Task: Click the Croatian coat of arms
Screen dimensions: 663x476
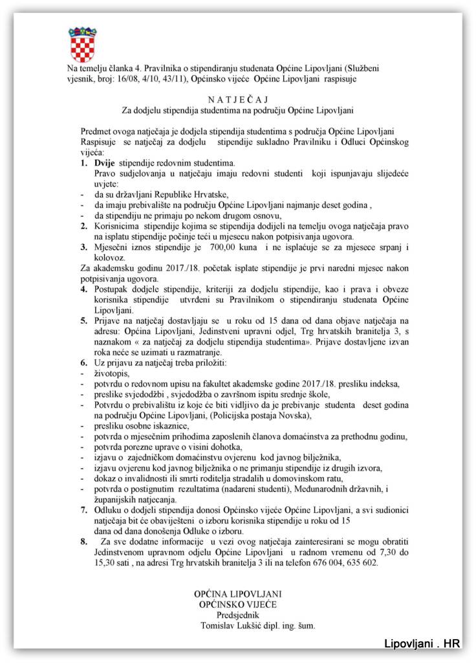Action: [x=82, y=45]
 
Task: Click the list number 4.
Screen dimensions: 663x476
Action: [x=84, y=286]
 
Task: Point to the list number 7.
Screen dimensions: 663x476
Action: [x=84, y=510]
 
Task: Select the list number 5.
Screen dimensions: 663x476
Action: [x=84, y=320]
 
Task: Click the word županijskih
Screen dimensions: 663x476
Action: [x=119, y=500]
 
